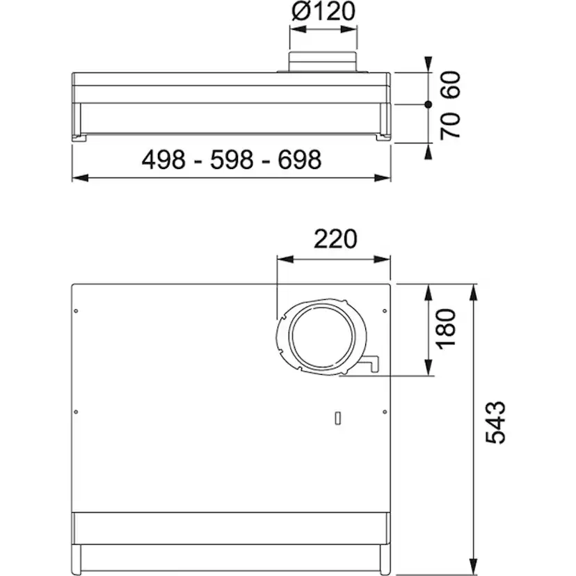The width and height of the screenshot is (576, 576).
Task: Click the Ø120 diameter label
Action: (323, 11)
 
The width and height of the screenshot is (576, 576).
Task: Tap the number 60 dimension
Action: (450, 84)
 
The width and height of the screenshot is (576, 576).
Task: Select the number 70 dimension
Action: (450, 126)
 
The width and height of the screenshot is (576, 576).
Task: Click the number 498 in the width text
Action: (163, 159)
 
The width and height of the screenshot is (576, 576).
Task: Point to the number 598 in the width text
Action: (232, 159)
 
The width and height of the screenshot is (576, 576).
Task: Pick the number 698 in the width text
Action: (300, 159)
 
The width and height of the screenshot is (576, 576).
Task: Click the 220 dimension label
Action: (335, 239)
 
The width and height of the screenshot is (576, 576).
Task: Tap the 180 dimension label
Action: (445, 329)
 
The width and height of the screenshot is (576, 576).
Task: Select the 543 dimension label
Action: (495, 422)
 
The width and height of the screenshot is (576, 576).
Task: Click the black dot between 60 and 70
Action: (428, 104)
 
